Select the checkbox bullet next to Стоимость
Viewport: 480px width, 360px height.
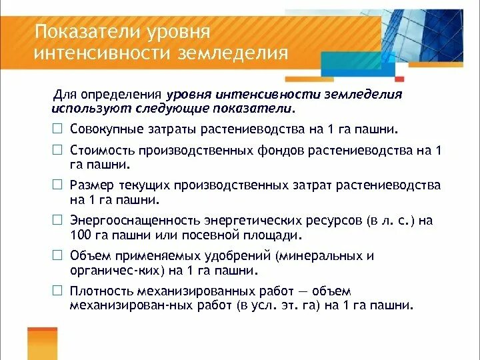tap(58, 151)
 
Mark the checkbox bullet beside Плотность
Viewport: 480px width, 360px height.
tap(58, 291)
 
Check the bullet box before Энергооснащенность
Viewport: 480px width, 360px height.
tap(58, 221)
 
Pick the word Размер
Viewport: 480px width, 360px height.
tap(90, 185)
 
